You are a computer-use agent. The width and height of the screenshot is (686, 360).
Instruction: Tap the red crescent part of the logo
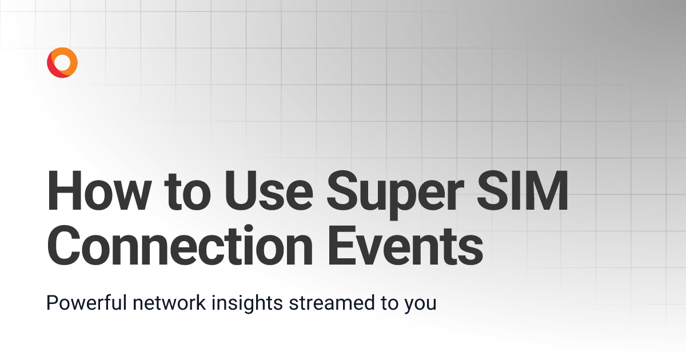[x=52, y=69]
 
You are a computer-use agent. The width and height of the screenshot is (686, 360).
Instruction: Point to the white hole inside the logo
[x=63, y=62]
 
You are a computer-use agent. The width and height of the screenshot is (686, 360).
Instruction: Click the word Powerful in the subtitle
[x=86, y=303]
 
